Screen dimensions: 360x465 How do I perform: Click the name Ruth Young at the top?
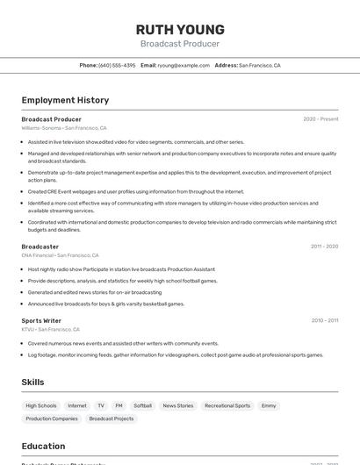(x=180, y=30)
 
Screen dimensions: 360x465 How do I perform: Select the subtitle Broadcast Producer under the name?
(x=180, y=44)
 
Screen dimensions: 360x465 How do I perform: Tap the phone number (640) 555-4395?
(x=117, y=65)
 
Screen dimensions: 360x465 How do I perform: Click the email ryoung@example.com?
(x=184, y=65)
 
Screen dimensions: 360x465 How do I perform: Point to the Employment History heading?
(x=65, y=100)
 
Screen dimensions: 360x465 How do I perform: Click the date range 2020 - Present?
(x=320, y=119)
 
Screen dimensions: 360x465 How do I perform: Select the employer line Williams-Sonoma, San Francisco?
(x=64, y=128)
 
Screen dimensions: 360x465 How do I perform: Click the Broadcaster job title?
(x=40, y=247)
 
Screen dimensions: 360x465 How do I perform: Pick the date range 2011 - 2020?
(x=324, y=247)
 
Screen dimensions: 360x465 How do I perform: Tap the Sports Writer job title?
(x=41, y=321)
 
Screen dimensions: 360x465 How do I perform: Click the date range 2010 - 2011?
(x=324, y=321)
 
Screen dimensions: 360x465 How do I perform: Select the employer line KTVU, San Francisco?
(x=51, y=330)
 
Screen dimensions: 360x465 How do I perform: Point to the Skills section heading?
(x=33, y=383)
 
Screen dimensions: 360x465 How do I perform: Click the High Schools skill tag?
(x=41, y=405)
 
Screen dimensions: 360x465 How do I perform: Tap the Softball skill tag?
(x=142, y=405)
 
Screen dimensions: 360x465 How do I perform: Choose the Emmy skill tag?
(x=269, y=405)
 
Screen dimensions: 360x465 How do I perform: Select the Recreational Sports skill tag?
(x=227, y=405)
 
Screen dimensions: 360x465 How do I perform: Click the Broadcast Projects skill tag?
(x=112, y=418)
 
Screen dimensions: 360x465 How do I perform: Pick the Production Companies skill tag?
(x=52, y=418)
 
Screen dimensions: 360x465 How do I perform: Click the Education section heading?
(x=43, y=446)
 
